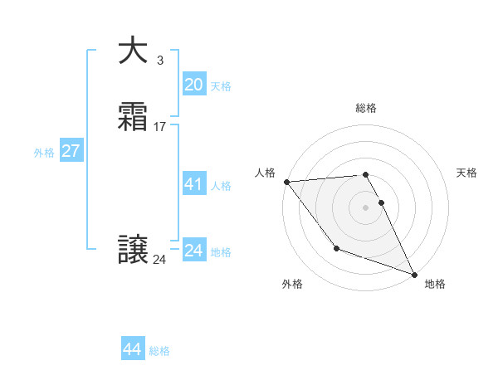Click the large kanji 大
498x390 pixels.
(133, 51)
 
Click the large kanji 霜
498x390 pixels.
(133, 118)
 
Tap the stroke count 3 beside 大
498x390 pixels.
(159, 60)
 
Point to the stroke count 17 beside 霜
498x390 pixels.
(160, 127)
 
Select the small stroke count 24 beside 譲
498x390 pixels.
(159, 260)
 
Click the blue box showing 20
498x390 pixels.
(193, 84)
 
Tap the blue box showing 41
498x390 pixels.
(193, 184)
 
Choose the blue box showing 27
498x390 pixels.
(71, 151)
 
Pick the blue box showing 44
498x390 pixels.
(133, 349)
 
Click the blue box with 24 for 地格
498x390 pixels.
(193, 250)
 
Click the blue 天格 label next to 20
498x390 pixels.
(221, 86)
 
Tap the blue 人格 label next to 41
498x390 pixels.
(221, 186)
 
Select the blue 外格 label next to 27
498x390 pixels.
(44, 153)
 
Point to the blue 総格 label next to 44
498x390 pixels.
(159, 351)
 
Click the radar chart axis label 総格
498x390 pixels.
(366, 108)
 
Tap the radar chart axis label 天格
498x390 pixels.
(467, 173)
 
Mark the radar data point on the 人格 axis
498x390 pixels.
(286, 182)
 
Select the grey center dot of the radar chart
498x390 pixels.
(366, 207)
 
